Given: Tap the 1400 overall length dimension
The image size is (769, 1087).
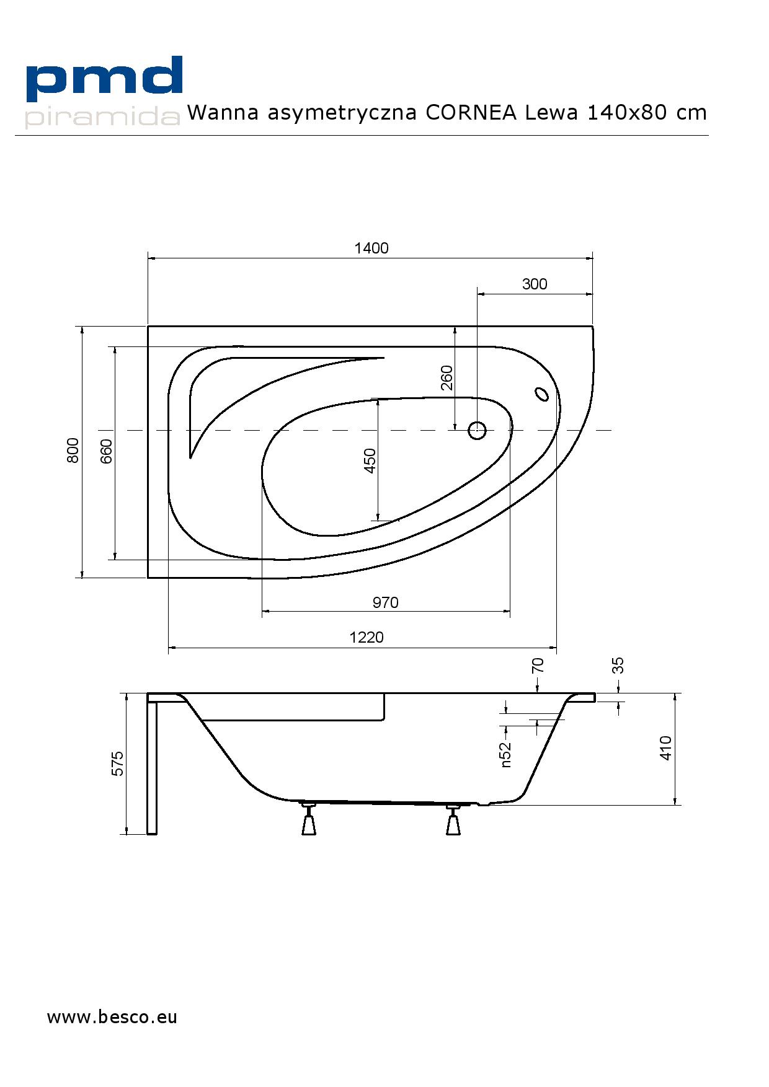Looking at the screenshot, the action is pyautogui.click(x=371, y=248).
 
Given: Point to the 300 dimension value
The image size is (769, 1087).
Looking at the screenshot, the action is pyautogui.click(x=535, y=284).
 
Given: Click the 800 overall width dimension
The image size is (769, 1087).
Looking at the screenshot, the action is pyautogui.click(x=73, y=451).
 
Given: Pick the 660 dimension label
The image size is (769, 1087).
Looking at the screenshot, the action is pyautogui.click(x=106, y=451).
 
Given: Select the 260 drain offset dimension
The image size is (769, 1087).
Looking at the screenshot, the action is pyautogui.click(x=447, y=378).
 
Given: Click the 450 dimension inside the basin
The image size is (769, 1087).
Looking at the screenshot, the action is pyautogui.click(x=370, y=460).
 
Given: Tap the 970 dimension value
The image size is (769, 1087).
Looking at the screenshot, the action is pyautogui.click(x=386, y=602).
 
